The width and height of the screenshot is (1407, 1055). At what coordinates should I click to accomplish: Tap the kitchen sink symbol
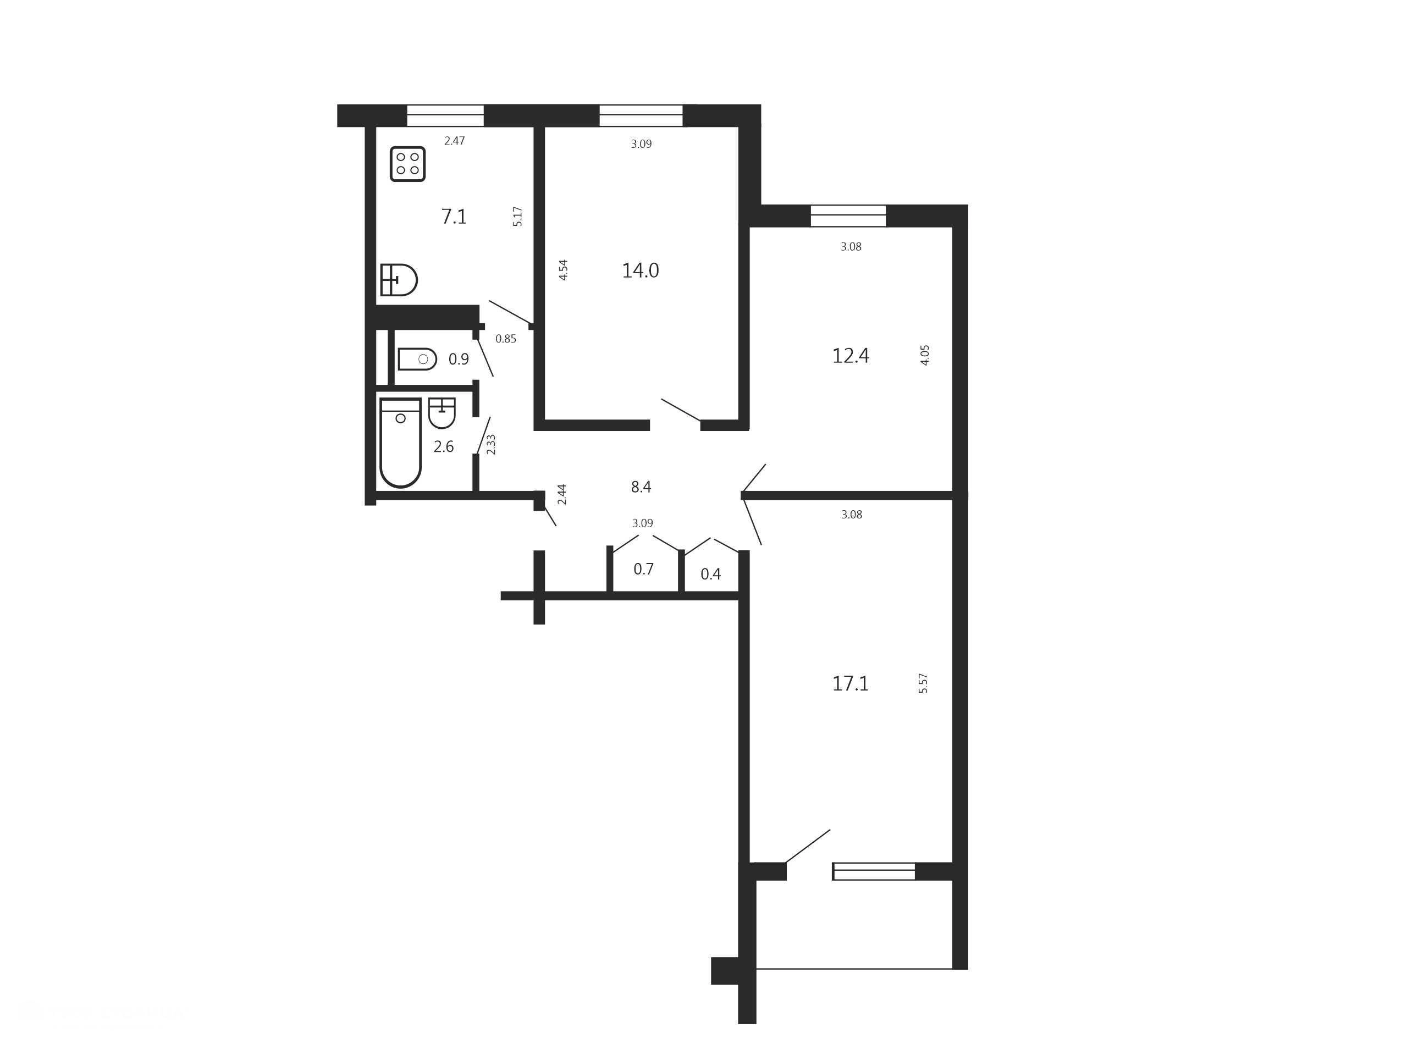(x=398, y=280)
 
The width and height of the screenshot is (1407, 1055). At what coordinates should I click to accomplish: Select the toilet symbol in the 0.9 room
(x=417, y=360)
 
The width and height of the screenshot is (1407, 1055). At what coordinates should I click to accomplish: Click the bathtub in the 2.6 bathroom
(x=400, y=443)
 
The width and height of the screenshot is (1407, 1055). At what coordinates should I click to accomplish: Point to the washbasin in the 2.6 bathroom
(x=442, y=413)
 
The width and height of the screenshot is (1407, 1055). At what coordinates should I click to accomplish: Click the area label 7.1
(x=454, y=217)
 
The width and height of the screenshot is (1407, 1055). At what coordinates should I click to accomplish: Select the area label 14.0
(x=640, y=271)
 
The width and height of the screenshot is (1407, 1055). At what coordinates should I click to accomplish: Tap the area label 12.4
(x=851, y=356)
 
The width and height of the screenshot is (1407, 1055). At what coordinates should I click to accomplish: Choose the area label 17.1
(x=851, y=683)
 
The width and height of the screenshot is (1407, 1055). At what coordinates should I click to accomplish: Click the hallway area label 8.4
(x=641, y=487)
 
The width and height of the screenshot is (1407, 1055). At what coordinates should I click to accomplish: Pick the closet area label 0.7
(x=643, y=569)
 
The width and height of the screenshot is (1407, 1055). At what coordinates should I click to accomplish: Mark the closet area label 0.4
(x=710, y=575)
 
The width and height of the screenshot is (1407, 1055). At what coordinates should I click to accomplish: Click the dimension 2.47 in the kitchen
(x=454, y=141)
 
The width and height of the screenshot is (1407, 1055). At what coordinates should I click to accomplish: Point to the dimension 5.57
(x=923, y=683)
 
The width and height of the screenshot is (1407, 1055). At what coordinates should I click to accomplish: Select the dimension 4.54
(x=563, y=270)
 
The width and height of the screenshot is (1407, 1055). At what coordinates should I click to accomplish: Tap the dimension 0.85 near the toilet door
(x=506, y=339)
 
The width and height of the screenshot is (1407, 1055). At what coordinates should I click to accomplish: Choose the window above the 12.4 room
(x=848, y=216)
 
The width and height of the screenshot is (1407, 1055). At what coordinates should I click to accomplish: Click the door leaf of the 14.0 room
(x=681, y=410)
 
